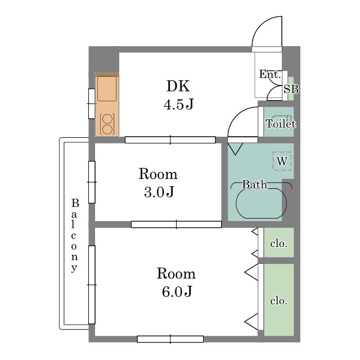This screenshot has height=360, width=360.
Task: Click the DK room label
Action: point(178,86)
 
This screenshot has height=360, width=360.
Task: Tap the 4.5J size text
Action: point(179,104)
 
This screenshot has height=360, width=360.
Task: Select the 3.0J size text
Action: point(159,192)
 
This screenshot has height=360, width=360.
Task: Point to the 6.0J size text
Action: point(177,291)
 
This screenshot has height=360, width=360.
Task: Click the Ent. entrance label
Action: point(270,74)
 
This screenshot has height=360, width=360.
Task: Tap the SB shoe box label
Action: point(291,89)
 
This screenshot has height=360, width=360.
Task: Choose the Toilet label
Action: point(281,124)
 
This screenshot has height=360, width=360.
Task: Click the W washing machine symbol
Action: point(282,161)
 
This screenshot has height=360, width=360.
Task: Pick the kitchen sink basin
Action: point(107,89)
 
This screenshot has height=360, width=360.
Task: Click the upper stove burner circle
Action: point(107,119)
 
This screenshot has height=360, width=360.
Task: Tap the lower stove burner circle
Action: point(107,129)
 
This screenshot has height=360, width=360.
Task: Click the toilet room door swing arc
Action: point(236,115)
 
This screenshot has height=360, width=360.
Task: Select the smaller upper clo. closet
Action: point(279,242)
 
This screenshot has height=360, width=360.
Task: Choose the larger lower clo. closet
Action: point(279,300)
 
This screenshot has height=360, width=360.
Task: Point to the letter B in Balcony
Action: point(75,203)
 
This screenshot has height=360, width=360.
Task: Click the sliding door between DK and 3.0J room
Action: point(170,140)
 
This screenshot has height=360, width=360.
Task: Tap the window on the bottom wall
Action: point(170,339)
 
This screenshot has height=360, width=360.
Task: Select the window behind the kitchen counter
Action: point(92,103)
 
